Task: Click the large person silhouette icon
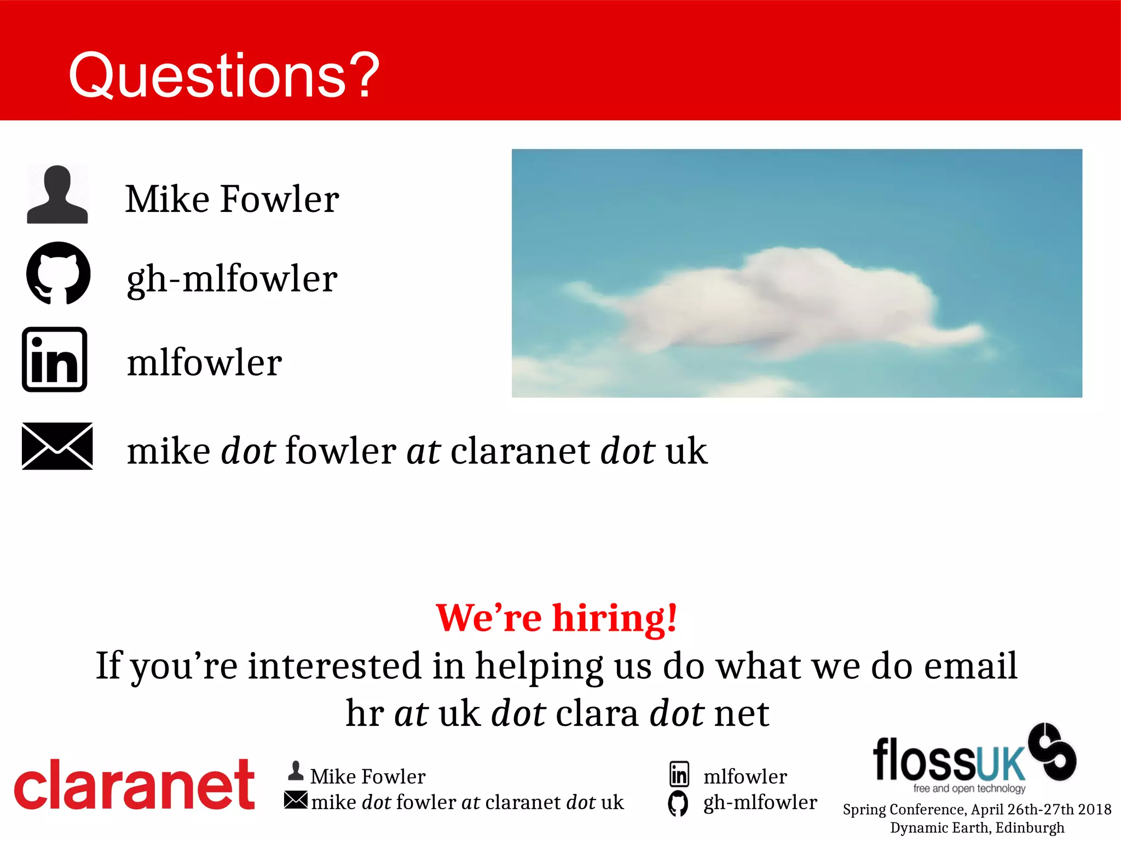(x=57, y=195)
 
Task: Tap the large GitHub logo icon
(x=58, y=273)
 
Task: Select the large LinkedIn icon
(x=55, y=360)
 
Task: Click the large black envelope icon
(x=57, y=446)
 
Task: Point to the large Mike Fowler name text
(x=232, y=199)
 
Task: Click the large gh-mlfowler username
(x=232, y=279)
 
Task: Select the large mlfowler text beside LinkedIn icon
(x=204, y=363)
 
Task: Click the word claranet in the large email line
(x=519, y=451)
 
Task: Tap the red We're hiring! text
(x=556, y=618)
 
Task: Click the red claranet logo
(x=134, y=785)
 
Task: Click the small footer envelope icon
(x=296, y=800)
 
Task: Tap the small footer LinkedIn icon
(x=679, y=774)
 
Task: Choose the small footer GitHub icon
(x=678, y=803)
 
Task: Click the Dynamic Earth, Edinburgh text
(x=977, y=827)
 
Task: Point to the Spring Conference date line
(x=977, y=809)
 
